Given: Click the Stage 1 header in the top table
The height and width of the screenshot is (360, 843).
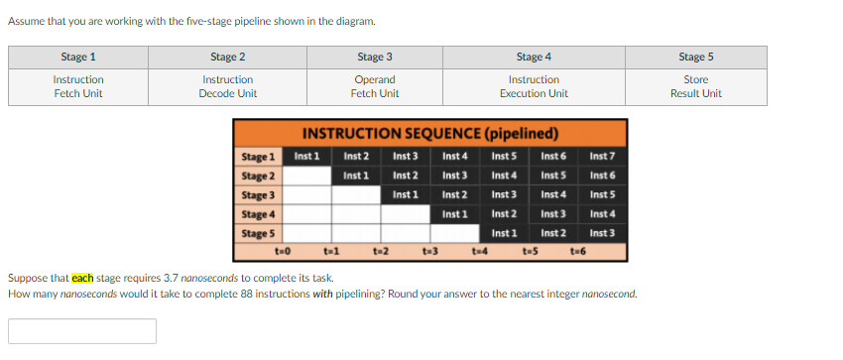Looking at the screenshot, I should (78, 57).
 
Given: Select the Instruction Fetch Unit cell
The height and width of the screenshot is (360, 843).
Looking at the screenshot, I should (78, 86).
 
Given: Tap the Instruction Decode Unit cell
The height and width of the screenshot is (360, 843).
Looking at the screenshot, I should (228, 86).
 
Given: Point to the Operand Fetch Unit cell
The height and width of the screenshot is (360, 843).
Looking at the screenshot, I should (375, 86).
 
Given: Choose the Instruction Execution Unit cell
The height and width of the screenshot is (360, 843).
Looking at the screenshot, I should (534, 86).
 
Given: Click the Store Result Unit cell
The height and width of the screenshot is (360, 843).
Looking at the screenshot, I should (695, 86).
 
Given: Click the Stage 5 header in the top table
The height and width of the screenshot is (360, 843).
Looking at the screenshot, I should (695, 57).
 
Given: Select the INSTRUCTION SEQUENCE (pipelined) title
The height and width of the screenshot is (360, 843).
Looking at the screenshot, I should (430, 134).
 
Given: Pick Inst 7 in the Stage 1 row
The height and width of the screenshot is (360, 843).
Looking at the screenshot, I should (602, 157).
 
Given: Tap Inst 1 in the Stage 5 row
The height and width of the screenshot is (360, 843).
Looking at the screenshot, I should (504, 232).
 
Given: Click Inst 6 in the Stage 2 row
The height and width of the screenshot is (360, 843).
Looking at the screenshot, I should (602, 176).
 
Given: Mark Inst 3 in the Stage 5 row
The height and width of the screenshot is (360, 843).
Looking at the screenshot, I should (602, 232).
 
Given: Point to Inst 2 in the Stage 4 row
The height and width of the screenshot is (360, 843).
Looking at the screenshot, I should (504, 213).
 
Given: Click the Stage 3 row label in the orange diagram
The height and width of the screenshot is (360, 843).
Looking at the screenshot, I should (258, 194).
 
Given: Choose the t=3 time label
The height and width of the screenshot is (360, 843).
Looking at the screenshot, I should (430, 251).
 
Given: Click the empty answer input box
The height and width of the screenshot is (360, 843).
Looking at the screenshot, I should (82, 330).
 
